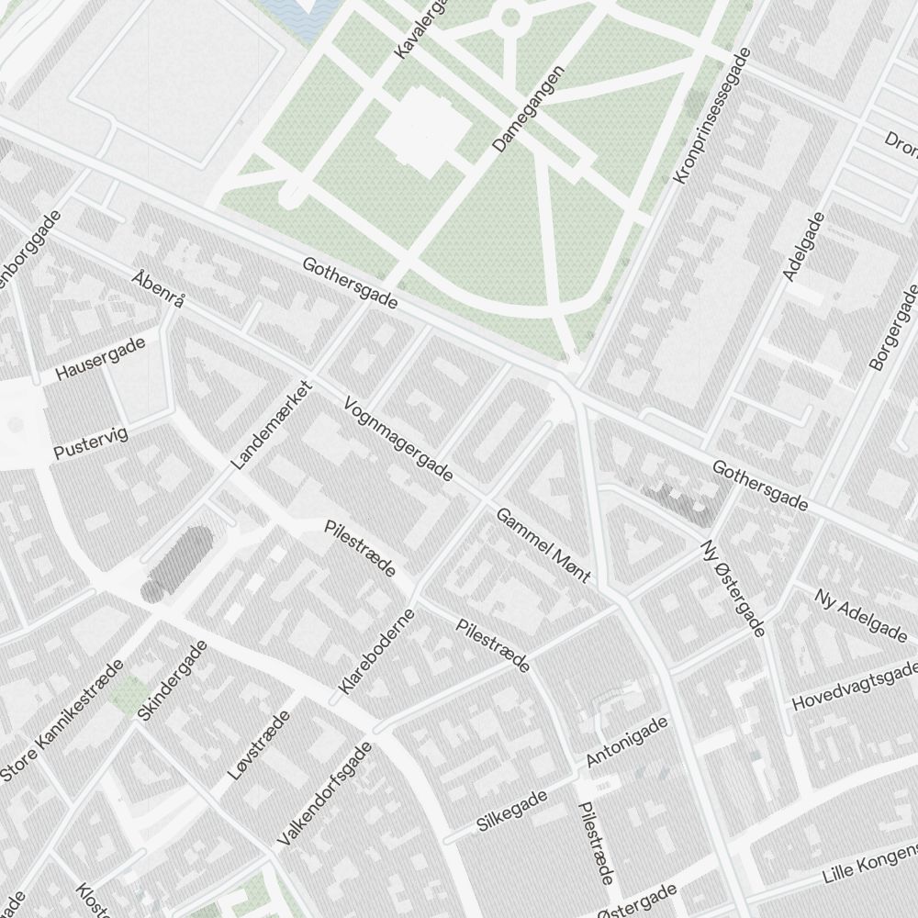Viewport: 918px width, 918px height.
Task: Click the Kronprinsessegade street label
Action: pos(712,116)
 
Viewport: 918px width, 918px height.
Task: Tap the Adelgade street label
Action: pos(804,246)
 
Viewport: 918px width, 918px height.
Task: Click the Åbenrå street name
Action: pos(159,289)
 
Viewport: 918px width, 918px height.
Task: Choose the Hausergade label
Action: pos(101,358)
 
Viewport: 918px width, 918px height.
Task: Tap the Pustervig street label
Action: pos(91,442)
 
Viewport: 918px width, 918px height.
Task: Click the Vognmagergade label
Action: pos(398,440)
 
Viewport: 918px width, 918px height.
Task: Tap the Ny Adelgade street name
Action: pos(861,614)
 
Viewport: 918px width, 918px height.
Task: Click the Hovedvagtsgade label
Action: pos(855,685)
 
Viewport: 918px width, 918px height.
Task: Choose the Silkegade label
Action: pos(512,811)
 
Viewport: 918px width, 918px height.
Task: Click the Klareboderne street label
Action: pos(376,651)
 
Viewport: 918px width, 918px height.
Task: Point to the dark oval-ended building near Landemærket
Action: pos(177,561)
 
